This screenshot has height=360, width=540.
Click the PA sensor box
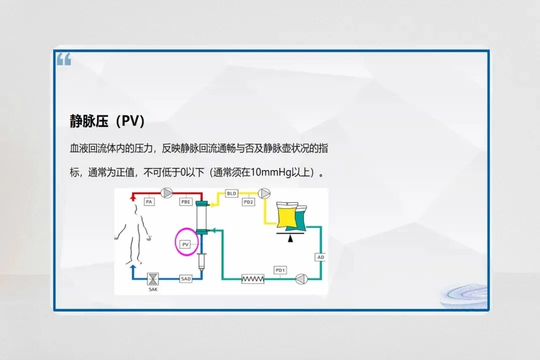pos(148,201)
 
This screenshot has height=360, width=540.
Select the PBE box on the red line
pos(186,201)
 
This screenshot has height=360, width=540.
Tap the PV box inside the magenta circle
pos(185,244)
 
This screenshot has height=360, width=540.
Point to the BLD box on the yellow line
pos(231,193)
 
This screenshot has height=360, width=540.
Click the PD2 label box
pos(248,201)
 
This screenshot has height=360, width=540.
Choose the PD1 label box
pos(280,270)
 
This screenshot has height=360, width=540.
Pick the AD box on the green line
pos(321,257)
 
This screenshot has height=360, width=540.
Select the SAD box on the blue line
pos(185,278)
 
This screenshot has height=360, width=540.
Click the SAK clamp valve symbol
pos(152,278)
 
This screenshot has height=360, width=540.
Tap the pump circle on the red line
pos(166,192)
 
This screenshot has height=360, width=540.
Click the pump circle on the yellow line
pos(263,192)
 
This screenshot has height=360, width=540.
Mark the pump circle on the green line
pos(300,278)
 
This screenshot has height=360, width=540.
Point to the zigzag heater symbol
pos(252,278)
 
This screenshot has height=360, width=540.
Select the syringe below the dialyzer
pos(202,261)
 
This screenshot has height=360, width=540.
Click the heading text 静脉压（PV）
pos(107,121)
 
